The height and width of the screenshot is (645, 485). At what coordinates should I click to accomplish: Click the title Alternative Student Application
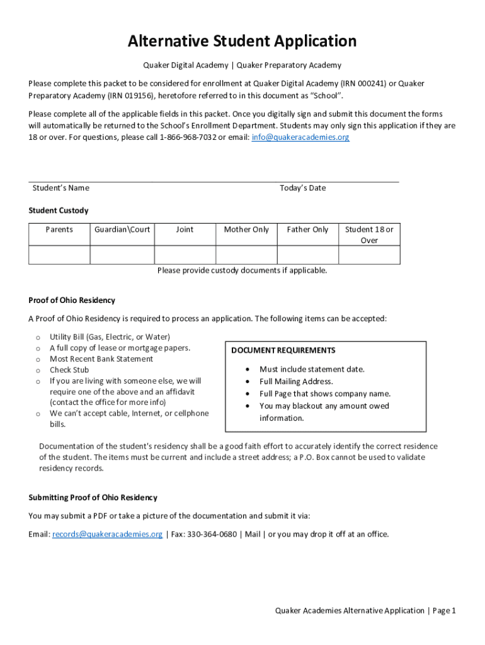[242, 42]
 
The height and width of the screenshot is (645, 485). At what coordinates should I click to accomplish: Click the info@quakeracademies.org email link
[300, 137]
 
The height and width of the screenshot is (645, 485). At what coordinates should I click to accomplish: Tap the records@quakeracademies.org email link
[107, 534]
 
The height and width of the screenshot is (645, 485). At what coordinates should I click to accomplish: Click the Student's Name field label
[61, 188]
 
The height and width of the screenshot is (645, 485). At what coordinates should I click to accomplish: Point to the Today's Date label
[302, 188]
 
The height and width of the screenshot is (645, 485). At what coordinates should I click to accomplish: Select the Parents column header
[59, 229]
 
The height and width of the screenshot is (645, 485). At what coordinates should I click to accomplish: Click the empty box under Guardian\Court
[122, 254]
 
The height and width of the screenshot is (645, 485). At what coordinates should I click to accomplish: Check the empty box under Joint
[185, 254]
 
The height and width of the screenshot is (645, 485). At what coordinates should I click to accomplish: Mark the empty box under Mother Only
[246, 254]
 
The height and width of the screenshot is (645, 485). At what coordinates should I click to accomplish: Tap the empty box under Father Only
[307, 254]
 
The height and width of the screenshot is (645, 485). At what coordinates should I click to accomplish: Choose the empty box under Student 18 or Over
[369, 254]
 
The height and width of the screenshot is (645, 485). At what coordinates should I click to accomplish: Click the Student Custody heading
[59, 210]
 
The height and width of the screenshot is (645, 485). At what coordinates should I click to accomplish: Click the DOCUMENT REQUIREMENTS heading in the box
[283, 350]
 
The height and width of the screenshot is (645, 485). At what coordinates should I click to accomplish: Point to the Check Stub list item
[69, 370]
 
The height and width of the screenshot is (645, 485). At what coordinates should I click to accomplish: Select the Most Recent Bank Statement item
[101, 359]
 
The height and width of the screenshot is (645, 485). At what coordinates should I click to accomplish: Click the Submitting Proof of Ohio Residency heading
[93, 498]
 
